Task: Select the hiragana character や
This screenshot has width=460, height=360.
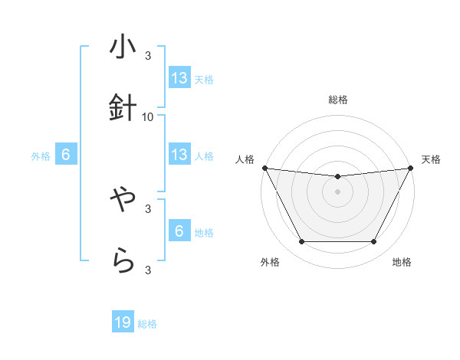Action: click(123, 201)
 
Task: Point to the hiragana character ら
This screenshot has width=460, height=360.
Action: click(123, 261)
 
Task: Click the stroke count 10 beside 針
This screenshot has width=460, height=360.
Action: click(148, 116)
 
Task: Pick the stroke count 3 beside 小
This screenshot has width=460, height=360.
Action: click(148, 56)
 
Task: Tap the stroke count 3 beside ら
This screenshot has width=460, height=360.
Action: click(148, 269)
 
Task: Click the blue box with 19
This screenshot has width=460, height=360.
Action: click(123, 323)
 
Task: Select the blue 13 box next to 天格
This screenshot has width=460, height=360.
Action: click(179, 78)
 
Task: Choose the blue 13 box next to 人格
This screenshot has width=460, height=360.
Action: click(179, 155)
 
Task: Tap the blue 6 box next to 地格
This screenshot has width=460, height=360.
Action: click(179, 231)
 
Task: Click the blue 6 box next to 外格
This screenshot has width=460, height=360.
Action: click(66, 155)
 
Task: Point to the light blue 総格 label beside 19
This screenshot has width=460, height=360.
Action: click(147, 324)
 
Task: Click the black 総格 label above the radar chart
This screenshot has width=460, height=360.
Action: click(338, 100)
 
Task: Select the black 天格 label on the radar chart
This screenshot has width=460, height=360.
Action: click(432, 159)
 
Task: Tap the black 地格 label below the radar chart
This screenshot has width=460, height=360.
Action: click(402, 262)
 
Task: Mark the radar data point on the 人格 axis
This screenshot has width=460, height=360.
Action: click(264, 168)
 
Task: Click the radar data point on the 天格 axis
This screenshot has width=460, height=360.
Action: click(412, 168)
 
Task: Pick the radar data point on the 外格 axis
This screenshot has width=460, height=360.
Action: click(301, 242)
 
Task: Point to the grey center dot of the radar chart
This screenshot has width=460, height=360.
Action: click(338, 191)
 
